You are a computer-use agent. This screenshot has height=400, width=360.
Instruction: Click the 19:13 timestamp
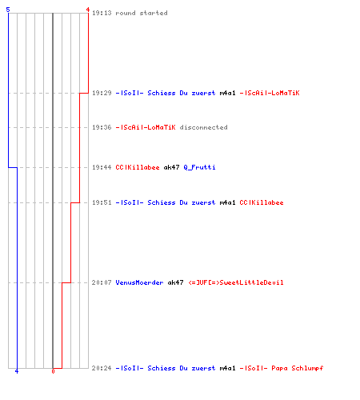[102, 13]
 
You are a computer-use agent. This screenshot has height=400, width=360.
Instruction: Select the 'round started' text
[142, 13]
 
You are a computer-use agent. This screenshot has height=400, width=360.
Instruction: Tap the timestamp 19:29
[102, 93]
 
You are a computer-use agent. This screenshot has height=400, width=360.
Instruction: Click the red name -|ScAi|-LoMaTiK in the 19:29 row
[270, 93]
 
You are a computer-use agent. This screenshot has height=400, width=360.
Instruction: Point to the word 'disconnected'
[203, 127]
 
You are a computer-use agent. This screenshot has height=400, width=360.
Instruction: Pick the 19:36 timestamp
[102, 127]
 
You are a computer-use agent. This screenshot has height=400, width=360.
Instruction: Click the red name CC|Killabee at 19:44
[138, 167]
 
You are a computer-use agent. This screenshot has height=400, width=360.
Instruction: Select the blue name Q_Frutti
[199, 167]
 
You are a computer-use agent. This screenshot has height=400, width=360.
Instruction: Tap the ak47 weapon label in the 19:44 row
[171, 167]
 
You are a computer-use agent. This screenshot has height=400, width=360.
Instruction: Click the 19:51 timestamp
[102, 202]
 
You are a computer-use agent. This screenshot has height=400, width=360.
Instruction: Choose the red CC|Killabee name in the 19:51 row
[262, 202]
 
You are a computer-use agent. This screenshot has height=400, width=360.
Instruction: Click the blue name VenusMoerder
[139, 282]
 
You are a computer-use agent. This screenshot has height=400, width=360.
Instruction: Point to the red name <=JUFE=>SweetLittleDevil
[236, 282]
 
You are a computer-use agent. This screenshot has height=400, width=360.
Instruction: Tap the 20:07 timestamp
[102, 282]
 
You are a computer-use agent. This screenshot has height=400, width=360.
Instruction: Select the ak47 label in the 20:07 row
[175, 282]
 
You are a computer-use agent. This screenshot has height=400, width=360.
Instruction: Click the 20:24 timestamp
[102, 368]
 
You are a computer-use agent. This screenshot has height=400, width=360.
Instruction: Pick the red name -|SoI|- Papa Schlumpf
[282, 368]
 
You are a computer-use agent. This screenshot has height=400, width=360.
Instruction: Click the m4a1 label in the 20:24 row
[227, 368]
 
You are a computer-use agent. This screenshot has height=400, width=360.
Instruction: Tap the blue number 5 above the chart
[8, 10]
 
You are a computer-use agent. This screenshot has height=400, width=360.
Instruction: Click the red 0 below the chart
[53, 371]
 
